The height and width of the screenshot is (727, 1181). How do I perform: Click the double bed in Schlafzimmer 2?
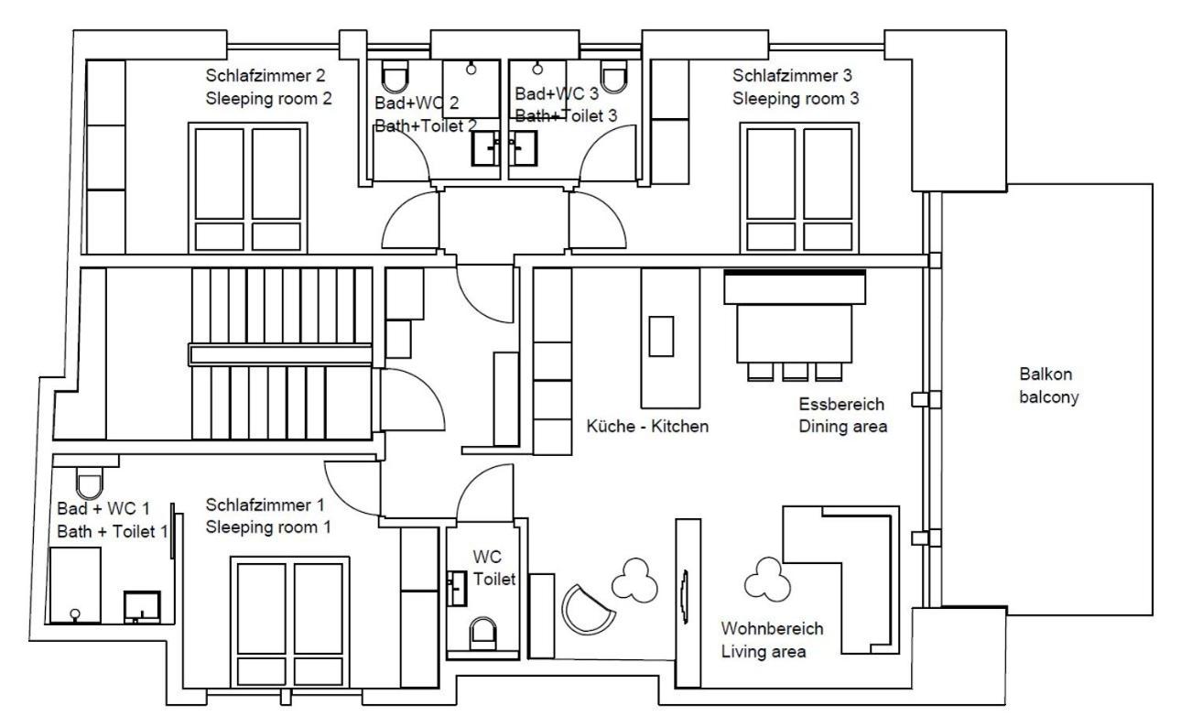[x=248, y=188]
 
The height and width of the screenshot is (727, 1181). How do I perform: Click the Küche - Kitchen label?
[x=647, y=427]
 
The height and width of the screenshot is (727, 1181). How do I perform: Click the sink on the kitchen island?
[x=660, y=335]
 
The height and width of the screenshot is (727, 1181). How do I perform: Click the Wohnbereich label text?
[x=772, y=630]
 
